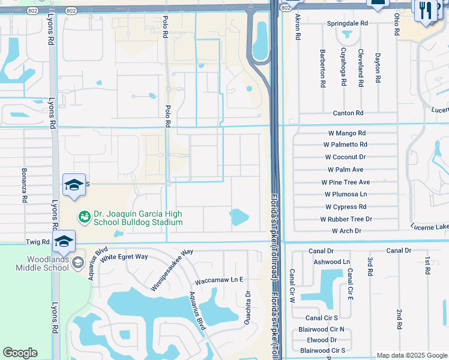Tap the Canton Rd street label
click(348, 113)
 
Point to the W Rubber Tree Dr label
click(346, 220)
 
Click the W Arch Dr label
click(346, 231)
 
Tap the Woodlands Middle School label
click(39, 263)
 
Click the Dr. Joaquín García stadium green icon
click(85, 215)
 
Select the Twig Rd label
click(37, 241)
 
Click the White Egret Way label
click(124, 257)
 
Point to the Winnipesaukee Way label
click(172, 269)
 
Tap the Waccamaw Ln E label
click(218, 280)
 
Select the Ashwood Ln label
click(331, 262)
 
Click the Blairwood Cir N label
click(321, 329)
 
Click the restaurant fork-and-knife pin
click(423, 10)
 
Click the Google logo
click(20, 353)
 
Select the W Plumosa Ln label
click(345, 194)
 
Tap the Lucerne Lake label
click(429, 227)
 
